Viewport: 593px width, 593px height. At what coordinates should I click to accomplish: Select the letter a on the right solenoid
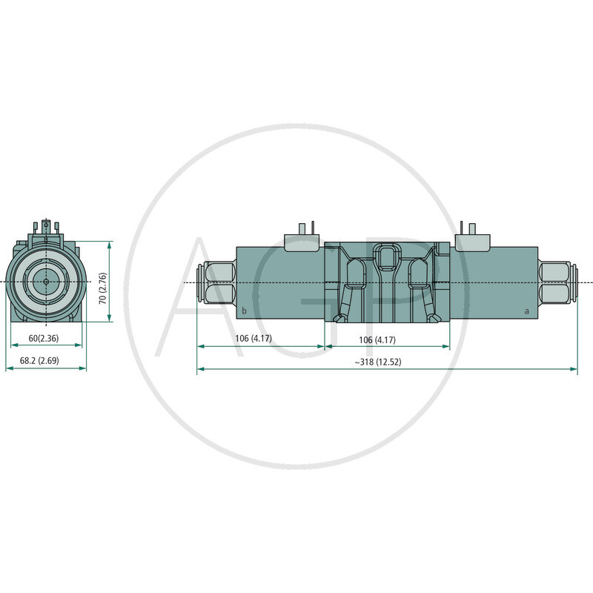click(x=527, y=311)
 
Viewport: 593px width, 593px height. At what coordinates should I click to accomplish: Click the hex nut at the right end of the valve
click(x=557, y=282)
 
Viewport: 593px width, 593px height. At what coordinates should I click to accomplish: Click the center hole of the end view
click(x=46, y=281)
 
